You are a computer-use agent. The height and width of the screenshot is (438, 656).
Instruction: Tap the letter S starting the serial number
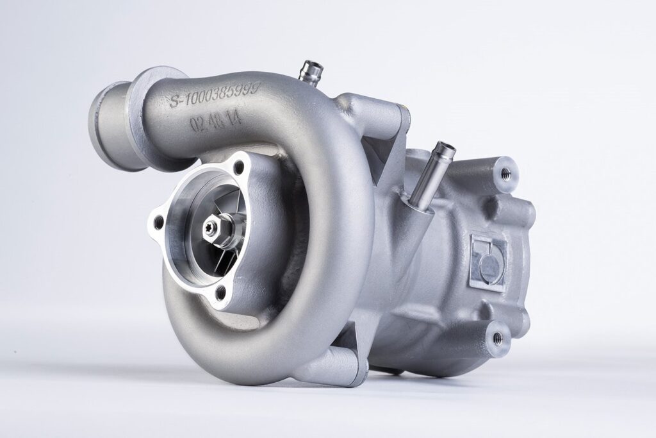tap(173, 101)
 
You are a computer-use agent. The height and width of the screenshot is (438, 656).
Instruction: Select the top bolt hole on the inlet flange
tap(239, 168)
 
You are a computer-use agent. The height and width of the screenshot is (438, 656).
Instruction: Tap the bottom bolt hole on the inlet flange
tap(221, 292)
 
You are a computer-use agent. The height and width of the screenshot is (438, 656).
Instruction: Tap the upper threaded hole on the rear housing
tap(506, 171)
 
